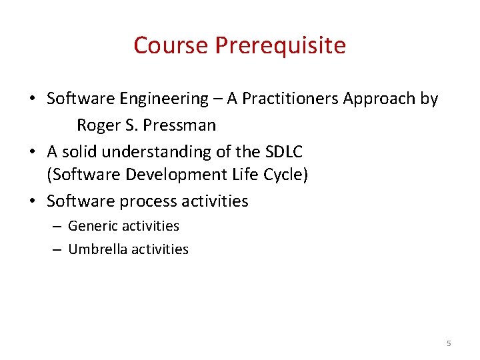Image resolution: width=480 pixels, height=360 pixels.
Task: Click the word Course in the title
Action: [171, 45]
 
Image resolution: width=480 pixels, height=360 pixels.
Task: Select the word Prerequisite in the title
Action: [280, 45]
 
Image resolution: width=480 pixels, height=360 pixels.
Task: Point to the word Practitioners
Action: [290, 99]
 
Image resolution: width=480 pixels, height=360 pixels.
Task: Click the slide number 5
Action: [448, 343]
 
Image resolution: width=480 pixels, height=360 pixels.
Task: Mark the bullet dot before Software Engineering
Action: [32, 99]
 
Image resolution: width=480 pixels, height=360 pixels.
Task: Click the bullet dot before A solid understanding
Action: [32, 152]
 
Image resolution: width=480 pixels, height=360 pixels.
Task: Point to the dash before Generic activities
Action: [57, 227]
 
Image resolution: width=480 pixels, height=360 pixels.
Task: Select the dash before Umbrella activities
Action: [57, 250]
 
